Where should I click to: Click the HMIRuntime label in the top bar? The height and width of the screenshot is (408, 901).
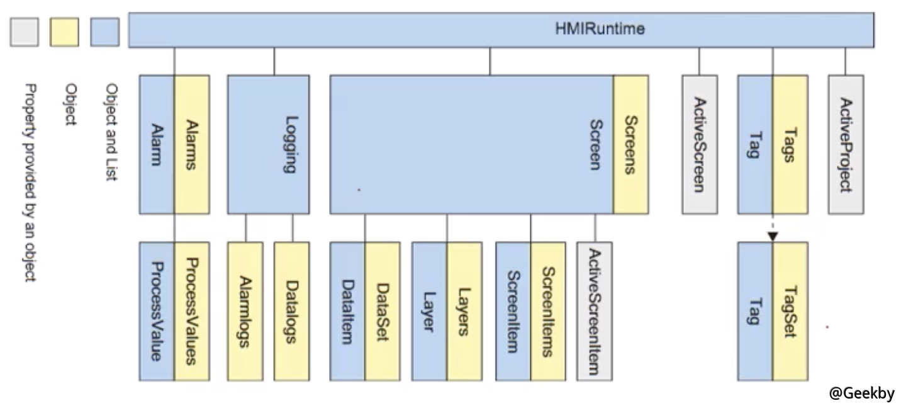click(600, 29)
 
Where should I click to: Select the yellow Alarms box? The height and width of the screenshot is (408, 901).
click(192, 144)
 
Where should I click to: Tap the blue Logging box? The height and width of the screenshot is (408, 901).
click(269, 144)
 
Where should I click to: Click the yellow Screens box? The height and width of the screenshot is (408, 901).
click(630, 144)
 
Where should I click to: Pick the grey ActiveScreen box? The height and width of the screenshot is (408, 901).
click(699, 144)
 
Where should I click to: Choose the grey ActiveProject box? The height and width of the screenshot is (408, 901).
click(846, 144)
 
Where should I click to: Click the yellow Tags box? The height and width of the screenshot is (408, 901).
click(790, 144)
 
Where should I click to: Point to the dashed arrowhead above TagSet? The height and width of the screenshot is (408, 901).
click(773, 236)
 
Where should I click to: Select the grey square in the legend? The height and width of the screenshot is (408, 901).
click(25, 31)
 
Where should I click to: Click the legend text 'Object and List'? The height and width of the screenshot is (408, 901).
click(113, 133)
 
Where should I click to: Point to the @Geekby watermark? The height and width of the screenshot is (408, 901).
click(861, 394)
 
